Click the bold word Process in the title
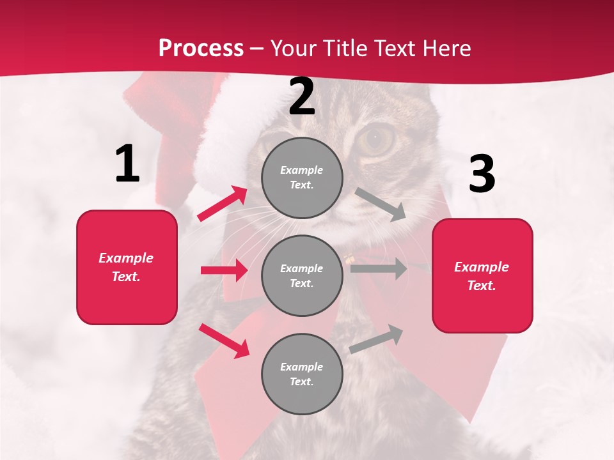(x=201, y=48)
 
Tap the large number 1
(x=127, y=164)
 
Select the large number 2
(x=302, y=97)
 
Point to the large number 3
(x=482, y=174)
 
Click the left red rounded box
(x=127, y=267)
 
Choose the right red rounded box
(x=482, y=276)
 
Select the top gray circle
(x=302, y=178)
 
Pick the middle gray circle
(x=302, y=275)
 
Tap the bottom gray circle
(x=302, y=374)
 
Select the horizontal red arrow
(x=224, y=270)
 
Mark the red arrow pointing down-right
(x=224, y=341)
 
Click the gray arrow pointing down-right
(x=381, y=204)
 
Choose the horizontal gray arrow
(x=378, y=268)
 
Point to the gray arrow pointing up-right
(x=376, y=339)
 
